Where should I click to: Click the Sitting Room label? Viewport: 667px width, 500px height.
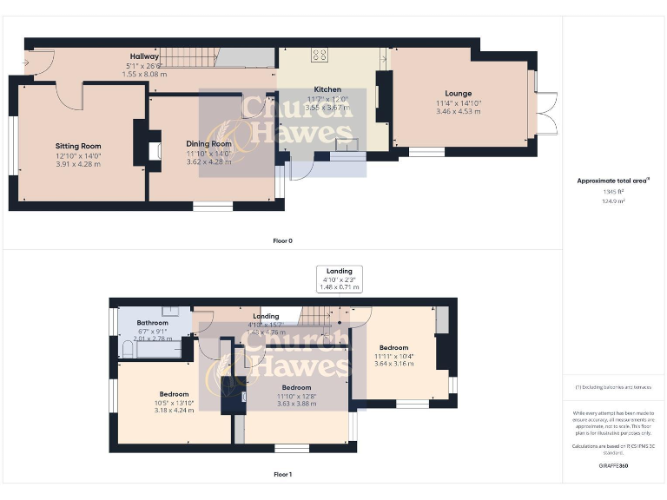pyautogui.click(x=78, y=147)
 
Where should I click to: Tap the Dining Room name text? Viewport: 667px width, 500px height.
pyautogui.click(x=208, y=144)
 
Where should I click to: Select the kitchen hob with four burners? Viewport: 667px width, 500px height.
pyautogui.click(x=319, y=55)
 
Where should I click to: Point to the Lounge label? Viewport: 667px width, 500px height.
pyautogui.click(x=459, y=94)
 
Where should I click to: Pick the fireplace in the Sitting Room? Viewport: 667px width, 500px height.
pyautogui.click(x=154, y=150)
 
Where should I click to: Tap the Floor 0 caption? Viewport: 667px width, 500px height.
pyautogui.click(x=283, y=240)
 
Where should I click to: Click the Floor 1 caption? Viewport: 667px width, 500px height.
pyautogui.click(x=283, y=474)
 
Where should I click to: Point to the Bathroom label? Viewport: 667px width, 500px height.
pyautogui.click(x=152, y=323)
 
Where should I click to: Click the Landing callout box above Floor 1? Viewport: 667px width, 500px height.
pyautogui.click(x=339, y=279)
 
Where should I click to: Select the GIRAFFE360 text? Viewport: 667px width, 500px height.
pyautogui.click(x=613, y=466)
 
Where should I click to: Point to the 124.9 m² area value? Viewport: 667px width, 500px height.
pyautogui.click(x=615, y=201)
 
